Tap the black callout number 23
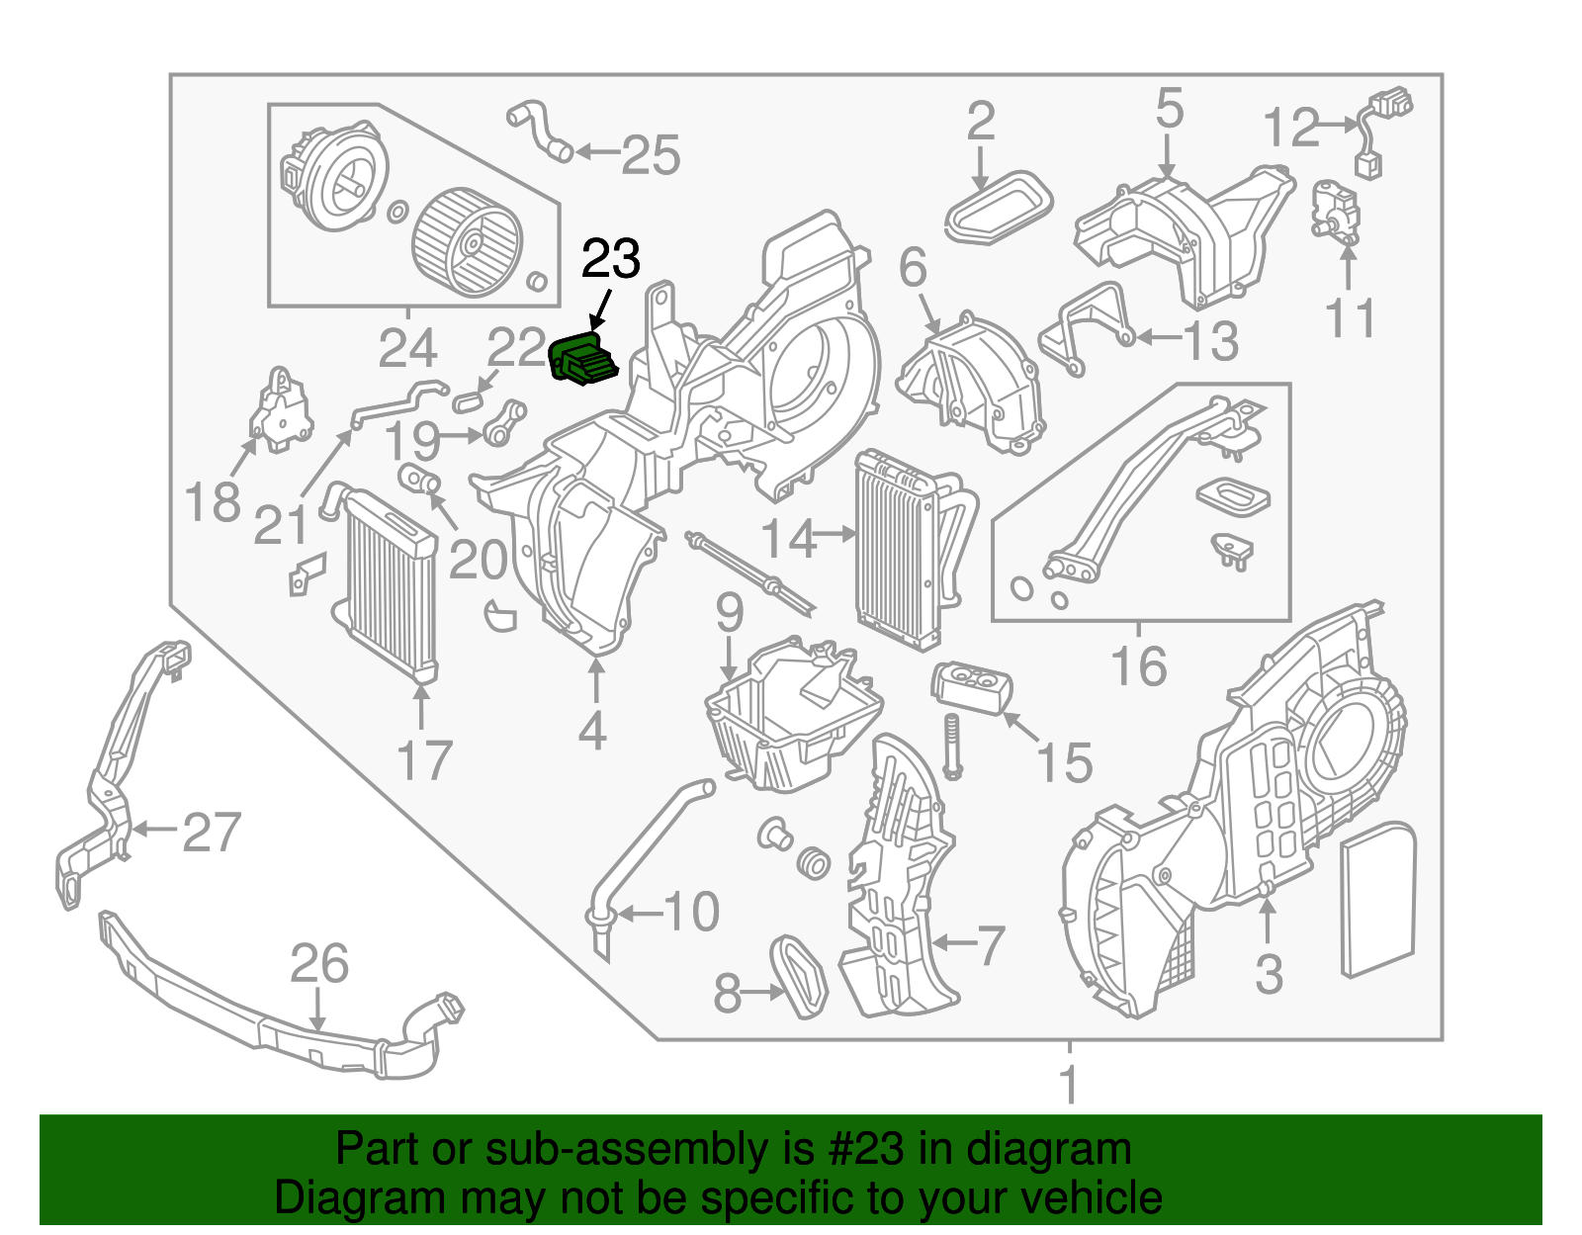[x=611, y=260]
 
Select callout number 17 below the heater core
[x=423, y=761]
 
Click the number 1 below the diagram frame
[x=1068, y=1085]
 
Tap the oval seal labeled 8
[x=798, y=975]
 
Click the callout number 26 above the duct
[x=318, y=964]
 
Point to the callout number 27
[x=212, y=832]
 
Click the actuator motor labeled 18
[x=281, y=410]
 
